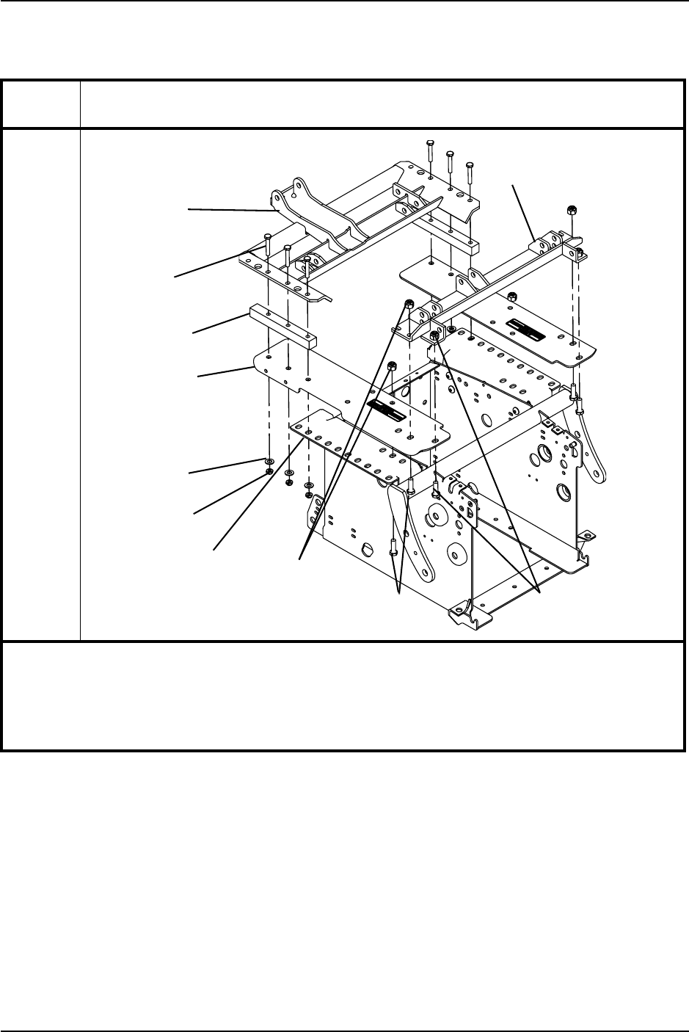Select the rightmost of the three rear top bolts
click(x=470, y=165)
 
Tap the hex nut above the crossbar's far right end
click(x=571, y=210)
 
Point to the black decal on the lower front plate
click(x=387, y=410)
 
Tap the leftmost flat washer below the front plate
click(x=269, y=462)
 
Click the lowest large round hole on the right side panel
click(x=563, y=490)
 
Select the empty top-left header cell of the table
click(x=41, y=104)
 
